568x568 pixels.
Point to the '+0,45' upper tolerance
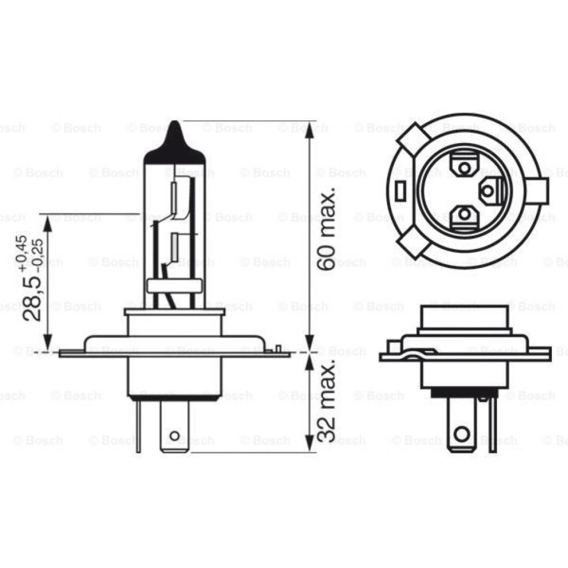point(22,253)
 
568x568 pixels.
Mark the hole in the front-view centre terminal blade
point(174,436)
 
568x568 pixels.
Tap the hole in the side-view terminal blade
point(460,433)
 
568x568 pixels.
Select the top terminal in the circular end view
point(464,165)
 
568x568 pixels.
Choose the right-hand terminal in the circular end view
point(489,191)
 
